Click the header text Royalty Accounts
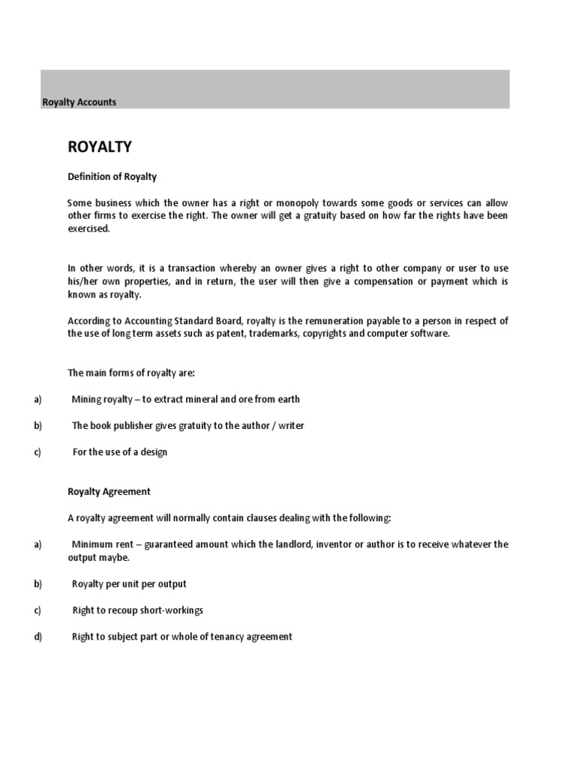point(79,102)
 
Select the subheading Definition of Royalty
point(112,176)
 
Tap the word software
point(430,334)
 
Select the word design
point(153,451)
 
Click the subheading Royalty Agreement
point(109,491)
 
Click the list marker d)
point(37,637)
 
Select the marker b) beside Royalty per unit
point(37,583)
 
